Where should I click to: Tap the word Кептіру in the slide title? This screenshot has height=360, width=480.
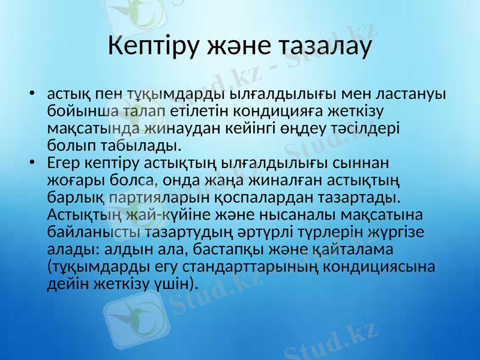coord(151,46)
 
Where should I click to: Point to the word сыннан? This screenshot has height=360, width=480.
coord(362,163)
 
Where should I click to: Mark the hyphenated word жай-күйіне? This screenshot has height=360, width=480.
coord(162,214)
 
